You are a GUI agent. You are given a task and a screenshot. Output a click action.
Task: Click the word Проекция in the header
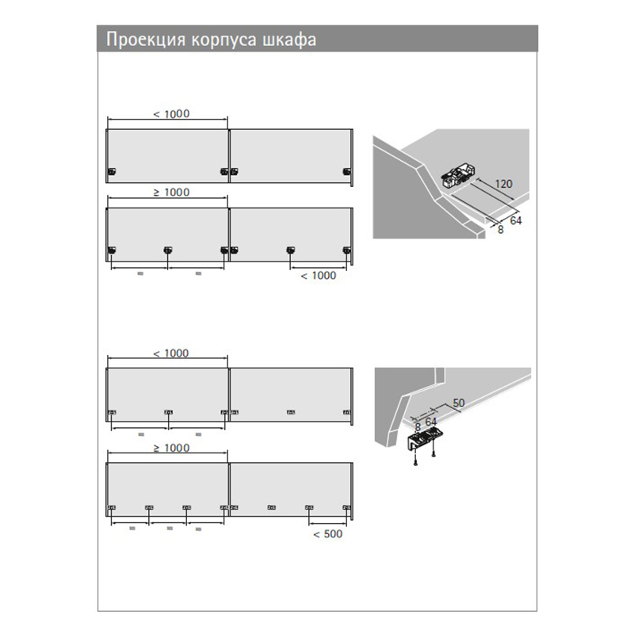pos(146,40)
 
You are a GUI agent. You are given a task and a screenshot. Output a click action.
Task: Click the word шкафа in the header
pos(289,40)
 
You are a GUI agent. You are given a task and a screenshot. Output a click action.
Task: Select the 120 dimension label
pos(504,184)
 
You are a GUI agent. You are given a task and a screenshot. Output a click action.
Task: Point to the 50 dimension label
pos(459,403)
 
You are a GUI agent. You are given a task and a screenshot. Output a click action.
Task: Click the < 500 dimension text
pos(328,534)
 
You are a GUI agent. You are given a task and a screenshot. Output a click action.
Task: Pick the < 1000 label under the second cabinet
pos(319,276)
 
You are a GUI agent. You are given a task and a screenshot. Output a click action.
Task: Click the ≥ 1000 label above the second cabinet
pos(171,193)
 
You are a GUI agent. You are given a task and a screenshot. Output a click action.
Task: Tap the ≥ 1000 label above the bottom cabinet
pos(171,448)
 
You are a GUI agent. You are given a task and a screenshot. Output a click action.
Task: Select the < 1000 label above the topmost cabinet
pos(171,114)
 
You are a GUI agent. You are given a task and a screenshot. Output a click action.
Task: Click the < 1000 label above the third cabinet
pos(171,353)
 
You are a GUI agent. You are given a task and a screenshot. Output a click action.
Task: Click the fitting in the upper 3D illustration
pos(458,176)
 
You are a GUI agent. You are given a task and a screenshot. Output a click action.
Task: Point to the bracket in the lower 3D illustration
pos(425,439)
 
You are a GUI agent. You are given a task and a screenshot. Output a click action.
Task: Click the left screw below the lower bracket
pos(415,460)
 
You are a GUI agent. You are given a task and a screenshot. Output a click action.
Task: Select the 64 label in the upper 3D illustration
pos(516,221)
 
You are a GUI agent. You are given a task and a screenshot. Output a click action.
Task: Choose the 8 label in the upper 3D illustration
pos(501,230)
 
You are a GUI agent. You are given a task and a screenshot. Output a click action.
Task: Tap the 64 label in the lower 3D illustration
pos(431,422)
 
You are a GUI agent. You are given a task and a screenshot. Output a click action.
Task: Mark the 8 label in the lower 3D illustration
pos(418,427)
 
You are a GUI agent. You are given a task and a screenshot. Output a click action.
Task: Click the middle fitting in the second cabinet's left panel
pos(168,250)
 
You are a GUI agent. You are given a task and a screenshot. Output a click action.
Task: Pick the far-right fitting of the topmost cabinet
pos(346,172)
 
